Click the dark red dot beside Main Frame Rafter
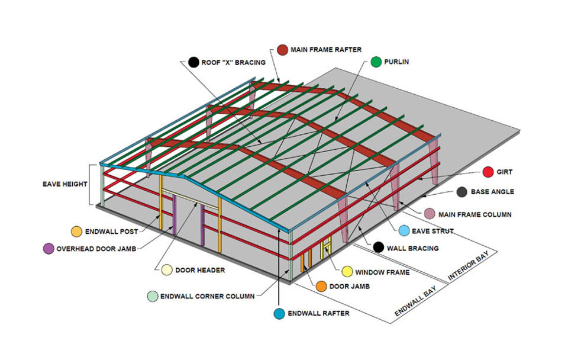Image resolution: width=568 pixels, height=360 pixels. coord(283,50)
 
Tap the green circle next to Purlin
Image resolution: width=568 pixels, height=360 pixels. coord(376,62)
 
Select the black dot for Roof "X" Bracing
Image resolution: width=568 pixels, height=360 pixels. coord(194,62)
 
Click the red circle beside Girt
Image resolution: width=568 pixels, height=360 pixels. coord(488,172)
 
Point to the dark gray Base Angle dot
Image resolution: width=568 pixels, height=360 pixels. coord(462,192)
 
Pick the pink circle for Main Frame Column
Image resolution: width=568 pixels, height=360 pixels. coord(430,214)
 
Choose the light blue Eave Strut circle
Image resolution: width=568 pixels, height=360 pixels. coord(404,230)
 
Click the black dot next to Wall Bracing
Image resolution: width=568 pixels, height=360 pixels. coord(379,247)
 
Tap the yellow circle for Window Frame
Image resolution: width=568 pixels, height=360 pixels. coord(347,272)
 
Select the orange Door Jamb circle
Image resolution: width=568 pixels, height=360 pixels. coord(321,286)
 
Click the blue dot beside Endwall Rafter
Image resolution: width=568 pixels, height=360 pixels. coord(279,314)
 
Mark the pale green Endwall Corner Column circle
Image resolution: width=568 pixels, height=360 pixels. coord(153,296)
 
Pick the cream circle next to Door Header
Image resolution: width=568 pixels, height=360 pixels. coord(167,270)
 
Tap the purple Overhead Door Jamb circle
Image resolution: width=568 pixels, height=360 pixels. coord(49,249)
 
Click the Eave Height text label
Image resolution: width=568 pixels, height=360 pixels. coord(65,184)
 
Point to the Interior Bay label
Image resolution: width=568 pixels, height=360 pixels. coord(469,265)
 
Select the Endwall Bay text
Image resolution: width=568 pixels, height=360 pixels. coord(415,301)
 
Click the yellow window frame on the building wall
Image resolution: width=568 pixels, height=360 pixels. coord(325,249)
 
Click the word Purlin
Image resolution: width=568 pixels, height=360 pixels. coord(396,62)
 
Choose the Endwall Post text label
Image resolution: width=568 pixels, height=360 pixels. coord(112,232)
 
